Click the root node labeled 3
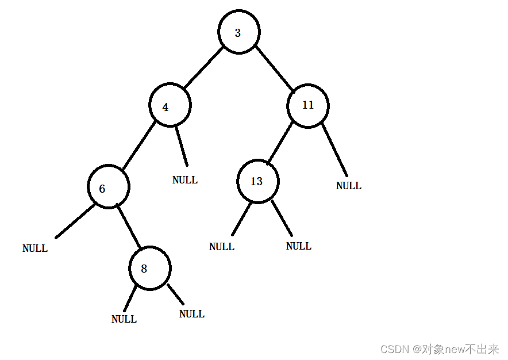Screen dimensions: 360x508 (238, 32)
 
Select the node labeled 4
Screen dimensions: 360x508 (170, 106)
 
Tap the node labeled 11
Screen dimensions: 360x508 (308, 105)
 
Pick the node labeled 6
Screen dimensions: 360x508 (109, 187)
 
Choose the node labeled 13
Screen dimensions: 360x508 (258, 181)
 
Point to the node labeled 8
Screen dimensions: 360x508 (149, 268)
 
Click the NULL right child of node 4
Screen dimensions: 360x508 (185, 180)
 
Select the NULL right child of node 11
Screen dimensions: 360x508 (349, 186)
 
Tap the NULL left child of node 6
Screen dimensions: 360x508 (35, 248)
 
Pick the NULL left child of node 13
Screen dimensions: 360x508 (222, 247)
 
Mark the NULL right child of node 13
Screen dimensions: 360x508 (299, 246)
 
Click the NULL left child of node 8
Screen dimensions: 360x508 (124, 319)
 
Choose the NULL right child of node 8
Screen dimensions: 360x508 (192, 314)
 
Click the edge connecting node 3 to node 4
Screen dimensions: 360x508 (203, 67)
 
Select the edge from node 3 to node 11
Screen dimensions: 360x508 (274, 67)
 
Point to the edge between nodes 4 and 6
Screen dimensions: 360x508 (138, 145)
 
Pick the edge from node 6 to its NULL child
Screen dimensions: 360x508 (75, 221)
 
